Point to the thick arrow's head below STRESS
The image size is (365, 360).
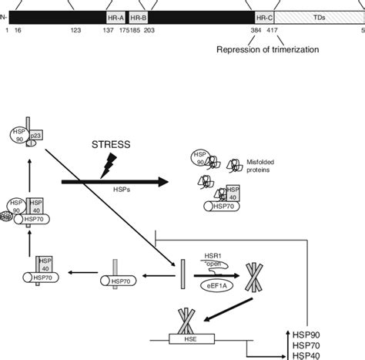(x=161, y=183)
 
